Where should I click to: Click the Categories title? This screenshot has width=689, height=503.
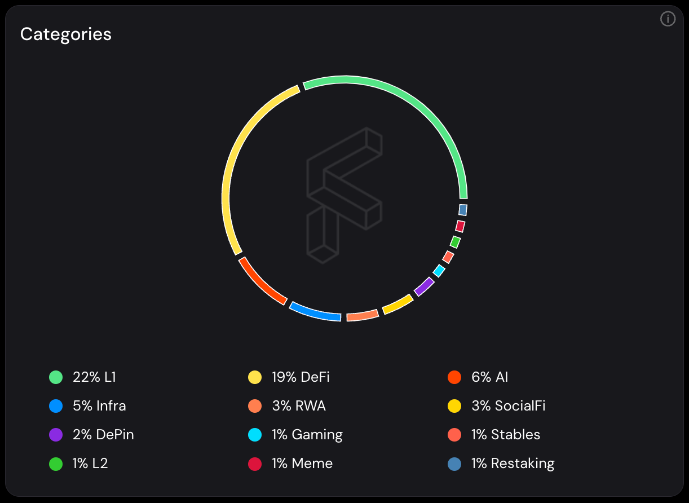point(66,34)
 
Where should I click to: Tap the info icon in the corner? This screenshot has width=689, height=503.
point(668,19)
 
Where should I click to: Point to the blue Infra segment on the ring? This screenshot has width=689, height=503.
point(315,312)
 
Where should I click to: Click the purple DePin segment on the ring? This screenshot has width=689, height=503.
point(424,286)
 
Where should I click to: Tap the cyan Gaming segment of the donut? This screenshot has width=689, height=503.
point(439,271)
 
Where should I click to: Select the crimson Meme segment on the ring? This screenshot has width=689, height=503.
point(460,226)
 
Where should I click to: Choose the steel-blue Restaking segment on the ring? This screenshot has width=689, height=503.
point(463,210)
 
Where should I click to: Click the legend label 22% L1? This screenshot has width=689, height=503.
point(94,377)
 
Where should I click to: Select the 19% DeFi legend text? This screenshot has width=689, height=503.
point(301,377)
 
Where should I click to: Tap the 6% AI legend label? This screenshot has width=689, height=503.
point(489,377)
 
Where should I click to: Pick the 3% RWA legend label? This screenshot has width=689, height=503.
point(298,406)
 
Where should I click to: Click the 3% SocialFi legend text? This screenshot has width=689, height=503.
point(508,406)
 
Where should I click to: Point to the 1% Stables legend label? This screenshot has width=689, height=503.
point(506,435)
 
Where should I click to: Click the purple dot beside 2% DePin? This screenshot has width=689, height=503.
point(56,435)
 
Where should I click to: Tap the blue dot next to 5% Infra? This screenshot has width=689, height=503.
point(56,406)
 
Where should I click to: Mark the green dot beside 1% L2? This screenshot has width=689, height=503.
point(56,464)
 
